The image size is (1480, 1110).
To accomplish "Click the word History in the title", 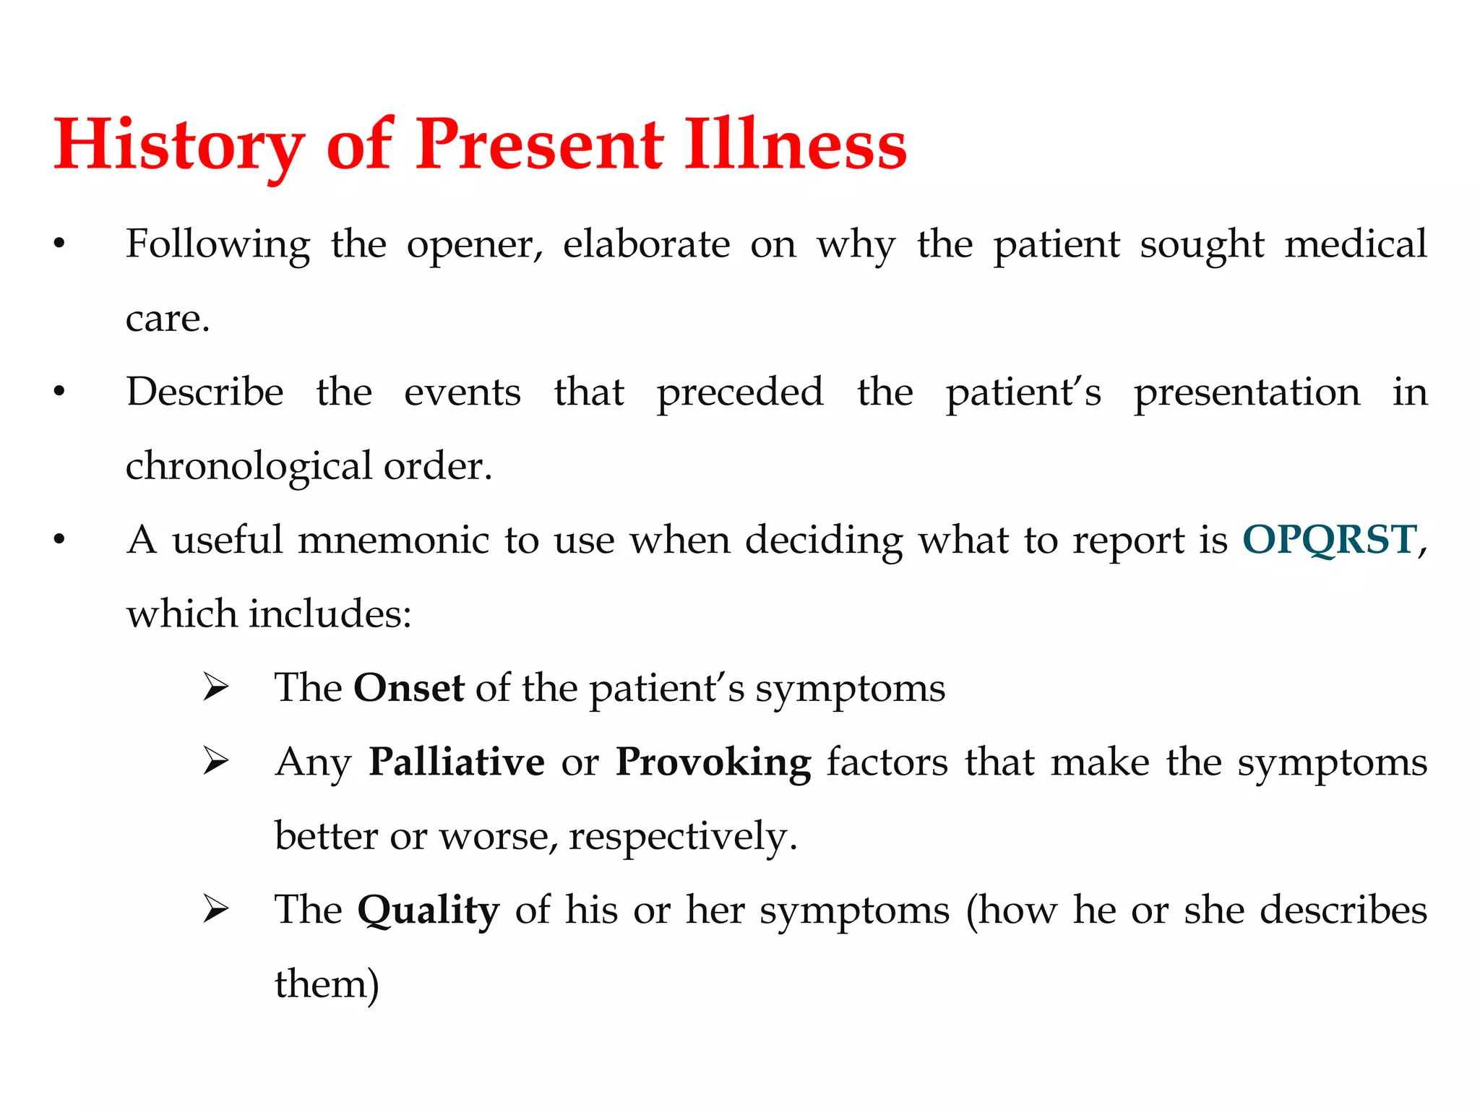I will point(178,145).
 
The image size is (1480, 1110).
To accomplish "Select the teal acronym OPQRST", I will point(1329,540).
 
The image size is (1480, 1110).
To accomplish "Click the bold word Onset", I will point(408,688).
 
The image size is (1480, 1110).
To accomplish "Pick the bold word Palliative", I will point(456,762).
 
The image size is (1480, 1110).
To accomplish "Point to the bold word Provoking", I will point(713,762).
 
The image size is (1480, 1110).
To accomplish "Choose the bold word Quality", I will point(428,911).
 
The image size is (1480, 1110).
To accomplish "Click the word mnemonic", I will point(393,540).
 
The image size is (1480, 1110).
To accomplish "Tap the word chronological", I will point(249,466).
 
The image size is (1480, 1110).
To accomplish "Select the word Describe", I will point(205,392).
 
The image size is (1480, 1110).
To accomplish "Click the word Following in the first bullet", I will point(218,244).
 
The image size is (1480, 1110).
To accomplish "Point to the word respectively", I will point(682,837).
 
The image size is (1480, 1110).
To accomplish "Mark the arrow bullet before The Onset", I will point(215,687).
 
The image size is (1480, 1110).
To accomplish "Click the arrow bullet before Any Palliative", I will point(215,762).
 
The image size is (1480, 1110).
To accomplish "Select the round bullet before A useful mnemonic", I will point(59,540).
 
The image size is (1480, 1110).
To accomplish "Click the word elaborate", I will point(646,244).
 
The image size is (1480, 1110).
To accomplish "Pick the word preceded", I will point(739,392).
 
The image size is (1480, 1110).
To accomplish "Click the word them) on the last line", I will point(327,984).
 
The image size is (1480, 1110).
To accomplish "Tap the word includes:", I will point(330,614).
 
